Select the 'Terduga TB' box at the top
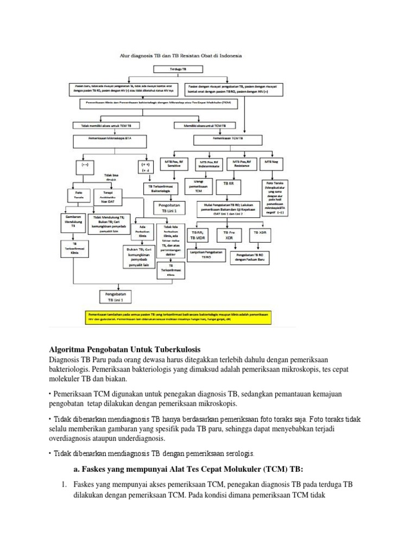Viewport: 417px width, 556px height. pyautogui.click(x=178, y=69)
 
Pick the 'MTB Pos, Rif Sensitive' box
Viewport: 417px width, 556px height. pyautogui.click(x=173, y=163)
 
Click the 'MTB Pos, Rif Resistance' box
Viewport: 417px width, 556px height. pyautogui.click(x=242, y=163)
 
